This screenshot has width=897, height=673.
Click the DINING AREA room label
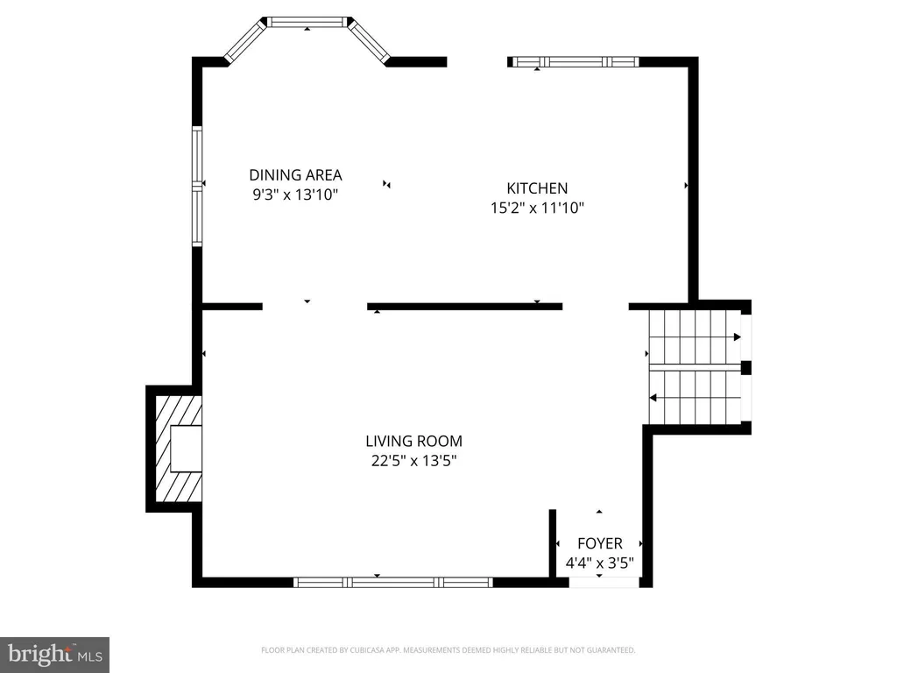pos(295,174)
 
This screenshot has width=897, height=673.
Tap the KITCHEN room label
pos(537,188)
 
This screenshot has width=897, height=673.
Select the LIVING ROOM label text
pos(413,442)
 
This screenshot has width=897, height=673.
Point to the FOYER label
pos(599,543)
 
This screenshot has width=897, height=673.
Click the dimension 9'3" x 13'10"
pos(295,195)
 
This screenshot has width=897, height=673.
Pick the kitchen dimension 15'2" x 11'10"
pos(537,208)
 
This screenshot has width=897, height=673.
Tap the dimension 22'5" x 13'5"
pos(413,461)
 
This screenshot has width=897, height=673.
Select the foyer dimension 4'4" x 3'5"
pos(599,563)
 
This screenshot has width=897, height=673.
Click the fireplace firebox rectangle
pos(186,449)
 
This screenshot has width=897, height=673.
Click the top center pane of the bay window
pos(307,22)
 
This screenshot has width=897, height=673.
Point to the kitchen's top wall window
pos(575,62)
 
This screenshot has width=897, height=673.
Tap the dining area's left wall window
pos(197,187)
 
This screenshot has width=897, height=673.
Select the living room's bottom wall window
pos(393,583)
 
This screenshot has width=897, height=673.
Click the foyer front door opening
pos(604,583)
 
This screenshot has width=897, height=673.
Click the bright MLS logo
pos(54,655)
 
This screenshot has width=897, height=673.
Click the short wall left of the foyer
pos(553,543)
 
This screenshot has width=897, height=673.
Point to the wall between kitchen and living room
pos(464,307)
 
